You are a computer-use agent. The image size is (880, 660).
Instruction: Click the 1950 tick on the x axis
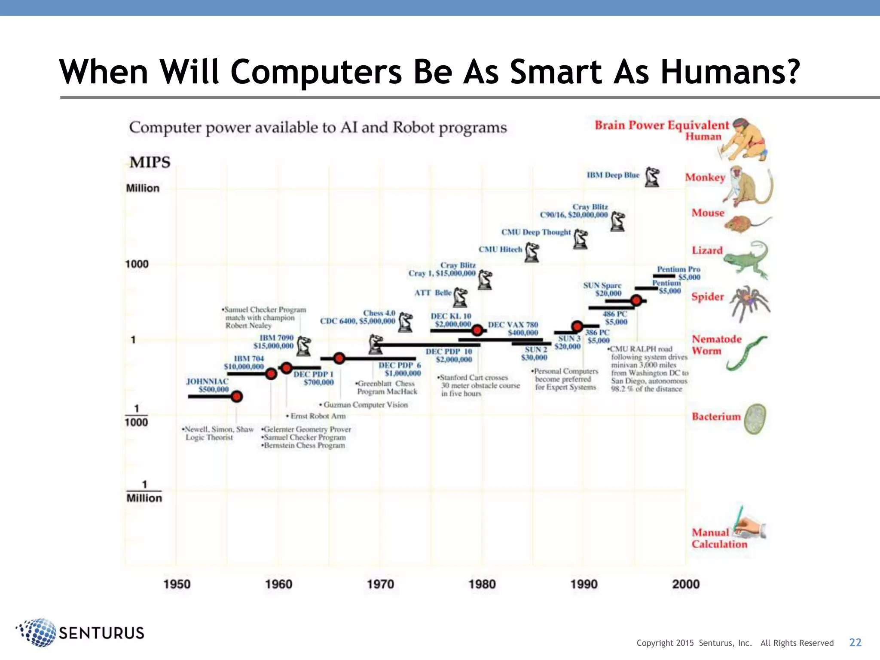[x=177, y=584]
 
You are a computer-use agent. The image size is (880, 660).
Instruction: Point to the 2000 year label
[x=686, y=584]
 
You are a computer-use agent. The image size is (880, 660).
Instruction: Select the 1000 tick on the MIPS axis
[x=137, y=264]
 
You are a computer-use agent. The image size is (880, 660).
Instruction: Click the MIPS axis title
[x=150, y=162]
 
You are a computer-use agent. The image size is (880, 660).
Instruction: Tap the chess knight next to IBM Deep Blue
[x=652, y=177]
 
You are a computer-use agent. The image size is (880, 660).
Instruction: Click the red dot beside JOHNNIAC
[x=237, y=396]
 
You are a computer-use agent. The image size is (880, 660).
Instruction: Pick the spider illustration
[x=750, y=302]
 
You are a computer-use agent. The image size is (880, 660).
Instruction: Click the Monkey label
[x=705, y=177]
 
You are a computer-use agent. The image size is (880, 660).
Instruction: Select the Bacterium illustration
[x=755, y=419]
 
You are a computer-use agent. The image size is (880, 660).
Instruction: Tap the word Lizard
[x=707, y=250]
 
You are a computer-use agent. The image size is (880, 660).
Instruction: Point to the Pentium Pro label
[x=678, y=269]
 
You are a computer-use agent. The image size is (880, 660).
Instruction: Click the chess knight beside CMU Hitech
[x=532, y=252]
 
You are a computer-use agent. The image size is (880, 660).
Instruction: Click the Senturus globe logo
[x=38, y=632]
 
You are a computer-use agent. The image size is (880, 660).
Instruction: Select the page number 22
[x=855, y=642]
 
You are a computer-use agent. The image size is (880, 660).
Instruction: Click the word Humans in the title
[x=730, y=72]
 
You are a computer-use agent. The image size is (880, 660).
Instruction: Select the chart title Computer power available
[x=318, y=128]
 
